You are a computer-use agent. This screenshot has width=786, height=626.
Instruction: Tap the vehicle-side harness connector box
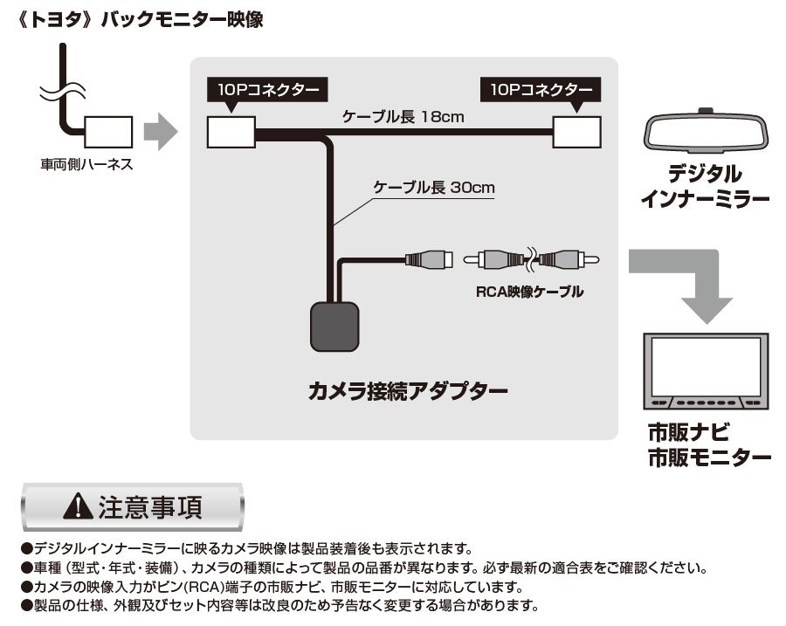(x=108, y=133)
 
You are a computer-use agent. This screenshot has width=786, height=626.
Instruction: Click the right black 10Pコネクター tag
(x=541, y=89)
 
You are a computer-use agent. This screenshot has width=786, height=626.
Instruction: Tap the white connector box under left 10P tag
(x=230, y=133)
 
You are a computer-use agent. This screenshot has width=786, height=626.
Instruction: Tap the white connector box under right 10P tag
(x=578, y=133)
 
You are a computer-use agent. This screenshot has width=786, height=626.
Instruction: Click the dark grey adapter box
(x=334, y=326)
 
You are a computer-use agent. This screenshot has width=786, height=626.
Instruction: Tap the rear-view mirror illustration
(x=705, y=133)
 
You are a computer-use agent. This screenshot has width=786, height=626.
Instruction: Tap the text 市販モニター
(x=709, y=457)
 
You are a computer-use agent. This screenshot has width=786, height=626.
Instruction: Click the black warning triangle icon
(x=79, y=508)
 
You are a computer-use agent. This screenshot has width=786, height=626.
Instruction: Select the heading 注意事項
(x=150, y=508)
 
